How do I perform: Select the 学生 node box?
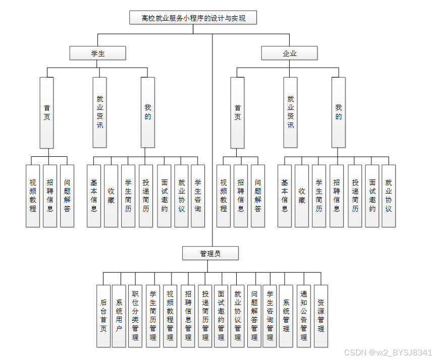click(x=98, y=53)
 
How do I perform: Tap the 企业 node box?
click(x=289, y=53)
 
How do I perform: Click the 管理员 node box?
click(x=210, y=254)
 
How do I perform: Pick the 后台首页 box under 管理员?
click(x=103, y=316)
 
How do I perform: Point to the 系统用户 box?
click(x=119, y=316)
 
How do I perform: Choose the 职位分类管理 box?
click(x=135, y=316)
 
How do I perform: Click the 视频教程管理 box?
click(x=170, y=316)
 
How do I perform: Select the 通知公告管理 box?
click(x=304, y=316)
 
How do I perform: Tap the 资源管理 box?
click(x=321, y=316)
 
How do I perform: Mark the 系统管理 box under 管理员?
click(x=286, y=316)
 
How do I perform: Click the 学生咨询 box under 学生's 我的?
click(x=198, y=196)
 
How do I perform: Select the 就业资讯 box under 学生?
click(x=100, y=112)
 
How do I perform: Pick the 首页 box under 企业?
click(x=238, y=112)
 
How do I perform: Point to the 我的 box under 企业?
click(x=339, y=112)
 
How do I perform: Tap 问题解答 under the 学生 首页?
click(x=67, y=196)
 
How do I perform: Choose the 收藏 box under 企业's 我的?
click(x=302, y=196)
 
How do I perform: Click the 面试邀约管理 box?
click(x=221, y=316)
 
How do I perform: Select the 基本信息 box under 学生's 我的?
click(x=94, y=196)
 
